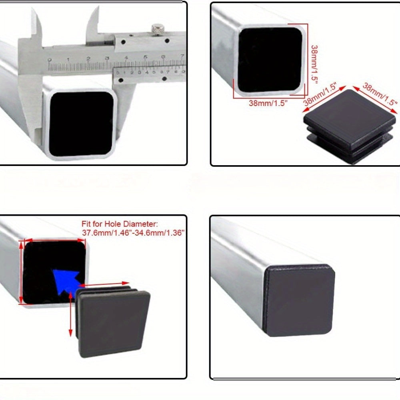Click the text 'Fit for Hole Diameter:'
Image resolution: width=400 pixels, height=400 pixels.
tap(120, 224)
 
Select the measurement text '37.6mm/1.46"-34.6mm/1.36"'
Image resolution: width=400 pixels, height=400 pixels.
tap(133, 233)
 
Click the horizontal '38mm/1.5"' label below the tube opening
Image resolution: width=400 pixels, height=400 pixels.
tap(268, 103)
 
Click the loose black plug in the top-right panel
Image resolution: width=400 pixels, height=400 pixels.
tap(350, 126)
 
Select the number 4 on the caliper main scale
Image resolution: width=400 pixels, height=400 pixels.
tap(126, 58)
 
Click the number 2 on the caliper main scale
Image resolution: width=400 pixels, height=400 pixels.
tap(88, 59)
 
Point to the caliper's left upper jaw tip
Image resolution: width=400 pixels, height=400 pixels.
tap(33, 9)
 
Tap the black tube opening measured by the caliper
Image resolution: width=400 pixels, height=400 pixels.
tap(82, 124)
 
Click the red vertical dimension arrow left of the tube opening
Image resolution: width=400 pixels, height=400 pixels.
tap(21, 272)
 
